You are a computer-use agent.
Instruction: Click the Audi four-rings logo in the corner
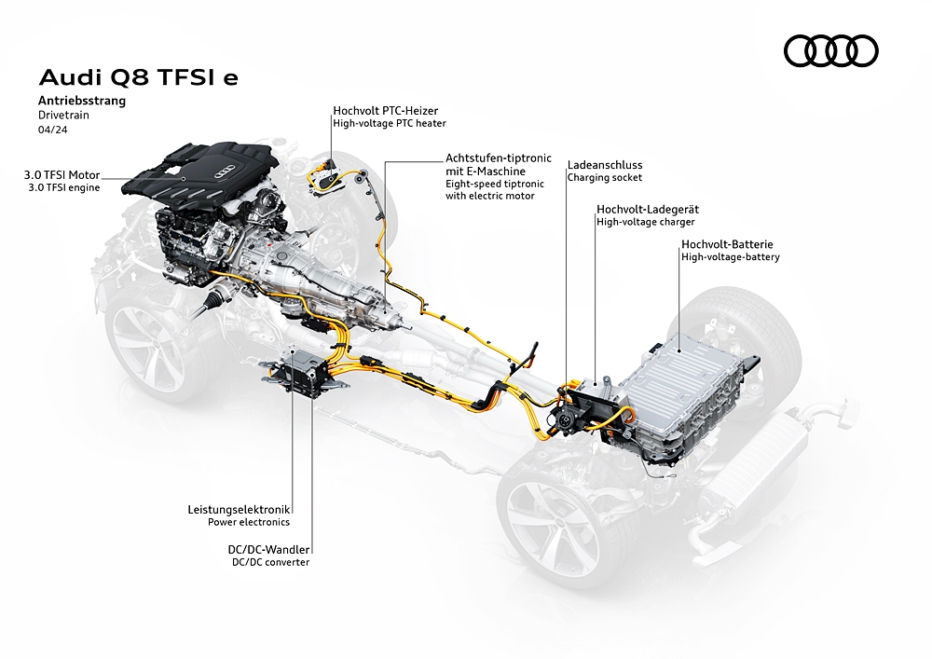(831, 50)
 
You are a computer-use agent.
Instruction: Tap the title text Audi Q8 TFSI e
(139, 77)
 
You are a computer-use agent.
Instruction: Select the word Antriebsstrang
(82, 101)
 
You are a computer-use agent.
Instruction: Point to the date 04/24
(53, 130)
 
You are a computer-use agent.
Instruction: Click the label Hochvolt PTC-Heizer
(385, 111)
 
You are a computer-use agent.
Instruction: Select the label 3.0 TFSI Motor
(62, 175)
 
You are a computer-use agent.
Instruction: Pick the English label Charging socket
(605, 178)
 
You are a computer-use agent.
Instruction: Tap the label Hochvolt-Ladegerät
(648, 209)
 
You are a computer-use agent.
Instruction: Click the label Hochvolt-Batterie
(727, 244)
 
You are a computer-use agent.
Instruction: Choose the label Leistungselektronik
(239, 509)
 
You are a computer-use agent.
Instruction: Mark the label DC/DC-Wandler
(268, 550)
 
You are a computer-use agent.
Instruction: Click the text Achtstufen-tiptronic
(499, 158)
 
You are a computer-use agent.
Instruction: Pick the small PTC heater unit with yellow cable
(327, 176)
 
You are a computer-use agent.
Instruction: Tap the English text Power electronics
(249, 522)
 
